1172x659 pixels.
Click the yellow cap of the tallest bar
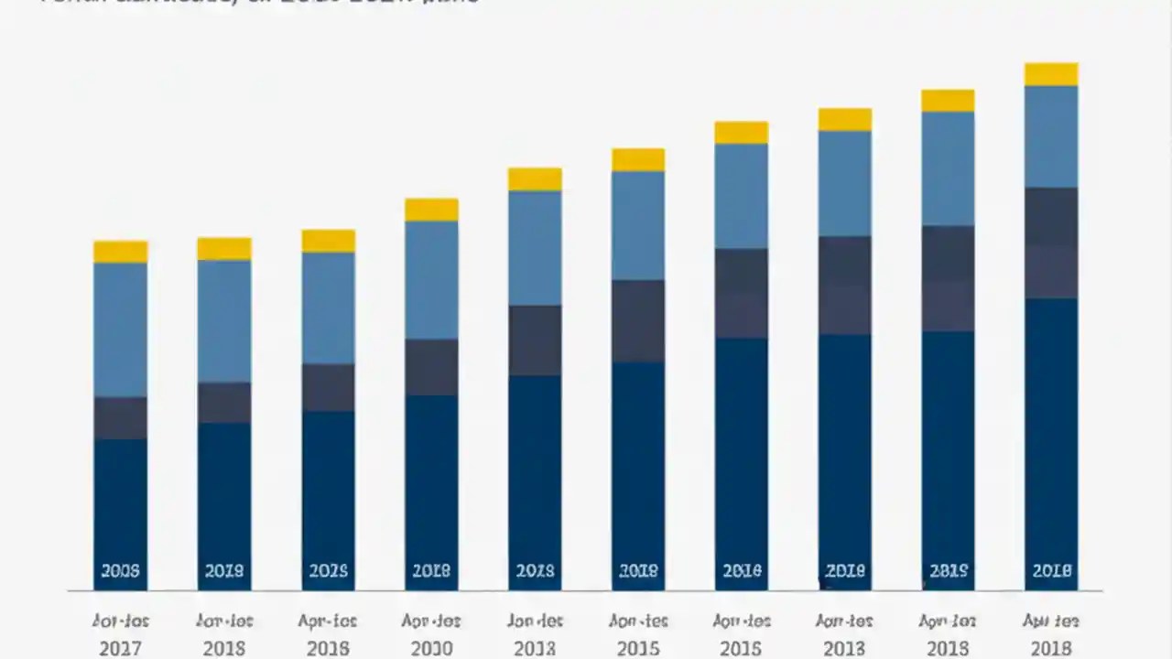[1051, 74]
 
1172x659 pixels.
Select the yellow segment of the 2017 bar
[120, 252]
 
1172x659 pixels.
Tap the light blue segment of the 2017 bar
[120, 329]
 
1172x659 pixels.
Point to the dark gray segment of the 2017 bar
[120, 418]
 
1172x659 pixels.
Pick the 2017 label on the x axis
[120, 648]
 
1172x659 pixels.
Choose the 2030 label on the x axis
[431, 648]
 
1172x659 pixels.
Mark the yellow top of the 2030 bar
[431, 210]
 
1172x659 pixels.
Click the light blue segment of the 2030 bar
[431, 280]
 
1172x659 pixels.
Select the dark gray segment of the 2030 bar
[431, 367]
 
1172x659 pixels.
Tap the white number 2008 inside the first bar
[120, 571]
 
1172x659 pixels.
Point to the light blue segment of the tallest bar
[1051, 136]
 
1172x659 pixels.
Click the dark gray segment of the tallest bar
[1051, 243]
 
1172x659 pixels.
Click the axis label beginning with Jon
[535, 621]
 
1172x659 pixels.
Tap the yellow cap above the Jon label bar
[535, 179]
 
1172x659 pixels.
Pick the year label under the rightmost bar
[1051, 648]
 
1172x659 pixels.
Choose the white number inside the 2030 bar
[431, 571]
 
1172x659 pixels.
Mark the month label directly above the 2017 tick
[120, 621]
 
